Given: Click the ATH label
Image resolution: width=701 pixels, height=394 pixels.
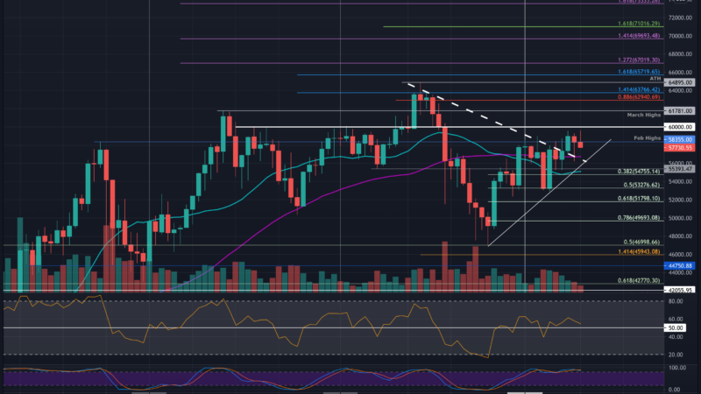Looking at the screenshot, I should (x=652, y=77).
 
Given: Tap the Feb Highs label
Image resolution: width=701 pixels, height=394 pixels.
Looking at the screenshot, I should (x=645, y=139).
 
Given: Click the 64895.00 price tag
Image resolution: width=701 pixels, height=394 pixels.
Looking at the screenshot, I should (x=680, y=82).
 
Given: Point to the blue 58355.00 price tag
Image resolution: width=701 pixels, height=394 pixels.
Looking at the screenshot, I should (x=680, y=139).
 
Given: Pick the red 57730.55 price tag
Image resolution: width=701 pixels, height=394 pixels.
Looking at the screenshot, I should (x=680, y=148).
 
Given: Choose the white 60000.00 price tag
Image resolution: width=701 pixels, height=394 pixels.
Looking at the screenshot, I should (x=680, y=127).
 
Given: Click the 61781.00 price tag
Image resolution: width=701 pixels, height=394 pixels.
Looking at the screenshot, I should (x=680, y=110).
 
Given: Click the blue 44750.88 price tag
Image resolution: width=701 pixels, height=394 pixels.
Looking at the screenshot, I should (x=680, y=264).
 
